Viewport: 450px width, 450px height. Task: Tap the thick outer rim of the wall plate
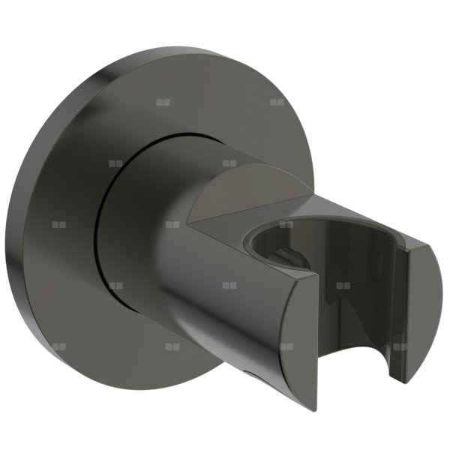[22, 225]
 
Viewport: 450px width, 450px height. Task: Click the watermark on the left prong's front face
[286, 348]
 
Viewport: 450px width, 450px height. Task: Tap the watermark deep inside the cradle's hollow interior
[343, 286]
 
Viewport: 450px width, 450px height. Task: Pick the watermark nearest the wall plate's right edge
[277, 102]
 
